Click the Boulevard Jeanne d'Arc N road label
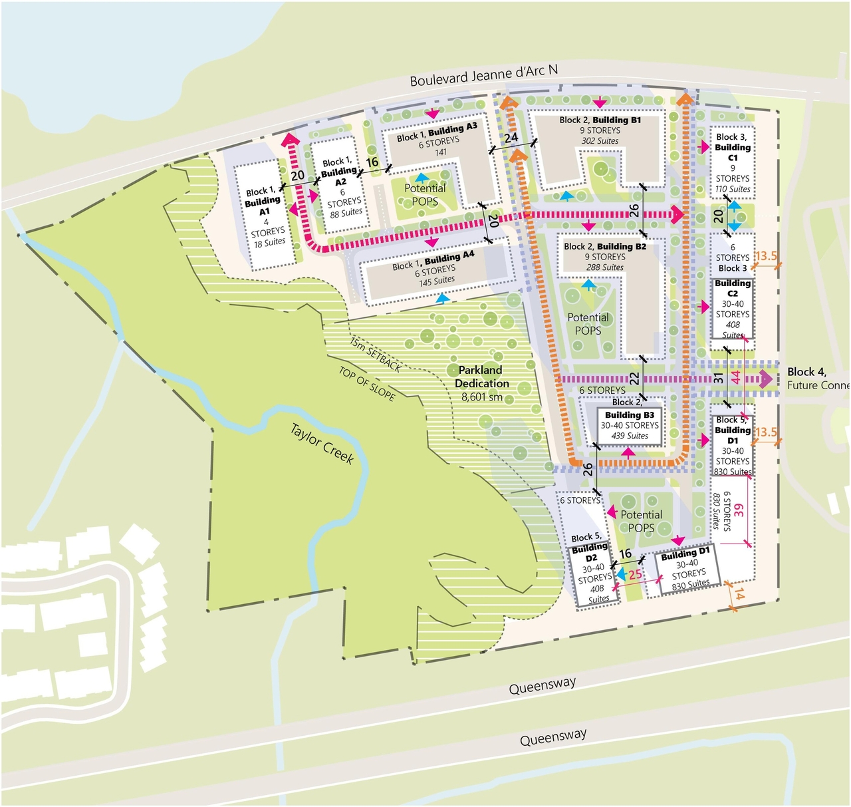tap(483, 75)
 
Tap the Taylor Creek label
tap(322, 443)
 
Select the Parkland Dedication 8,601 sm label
tap(481, 383)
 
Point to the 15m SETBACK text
tap(376, 355)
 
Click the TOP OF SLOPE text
tap(367, 384)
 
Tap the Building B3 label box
tap(630, 425)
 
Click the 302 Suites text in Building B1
tap(600, 141)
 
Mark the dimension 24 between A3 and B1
tap(511, 138)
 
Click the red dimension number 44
tap(735, 377)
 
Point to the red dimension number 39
tap(739, 510)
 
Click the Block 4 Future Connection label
tap(816, 379)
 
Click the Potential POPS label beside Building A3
tap(424, 194)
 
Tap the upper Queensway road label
tap(542, 685)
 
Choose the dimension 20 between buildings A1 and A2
tap(297, 176)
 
